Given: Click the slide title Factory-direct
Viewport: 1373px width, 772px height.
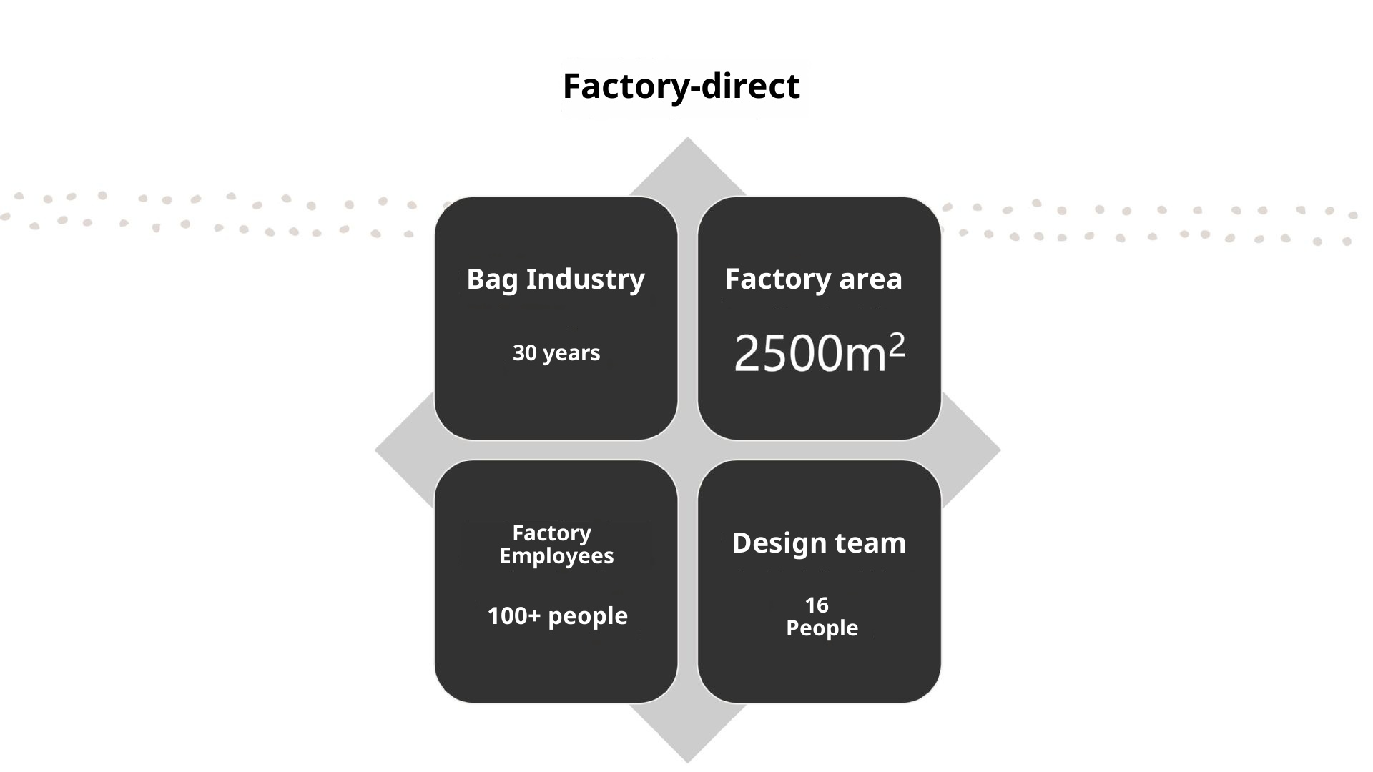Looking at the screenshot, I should pyautogui.click(x=681, y=86).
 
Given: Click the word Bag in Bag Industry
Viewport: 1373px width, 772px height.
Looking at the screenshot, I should pyautogui.click(x=492, y=279).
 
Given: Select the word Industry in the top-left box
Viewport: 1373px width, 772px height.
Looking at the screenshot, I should pyautogui.click(x=585, y=279).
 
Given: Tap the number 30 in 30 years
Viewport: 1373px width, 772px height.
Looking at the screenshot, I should pyautogui.click(x=524, y=353).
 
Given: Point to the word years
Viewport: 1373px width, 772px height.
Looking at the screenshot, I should pyautogui.click(x=571, y=354).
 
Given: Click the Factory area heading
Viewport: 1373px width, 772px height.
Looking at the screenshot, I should pyautogui.click(x=813, y=279).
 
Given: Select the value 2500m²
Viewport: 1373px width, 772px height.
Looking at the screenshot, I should pyautogui.click(x=819, y=353).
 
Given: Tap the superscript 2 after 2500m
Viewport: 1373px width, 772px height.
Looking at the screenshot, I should pyautogui.click(x=897, y=345).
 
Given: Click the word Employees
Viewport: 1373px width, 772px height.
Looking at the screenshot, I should pyautogui.click(x=556, y=556).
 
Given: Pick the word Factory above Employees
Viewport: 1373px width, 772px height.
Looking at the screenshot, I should pyautogui.click(x=551, y=533).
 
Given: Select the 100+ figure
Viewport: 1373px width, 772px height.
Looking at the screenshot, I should pyautogui.click(x=513, y=616).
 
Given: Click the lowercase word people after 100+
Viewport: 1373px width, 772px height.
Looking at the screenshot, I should pyautogui.click(x=587, y=617).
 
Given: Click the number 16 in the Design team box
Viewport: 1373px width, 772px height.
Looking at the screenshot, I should pyautogui.click(x=817, y=605).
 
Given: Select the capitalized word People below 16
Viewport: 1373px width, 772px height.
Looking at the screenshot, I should pyautogui.click(x=822, y=628).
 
